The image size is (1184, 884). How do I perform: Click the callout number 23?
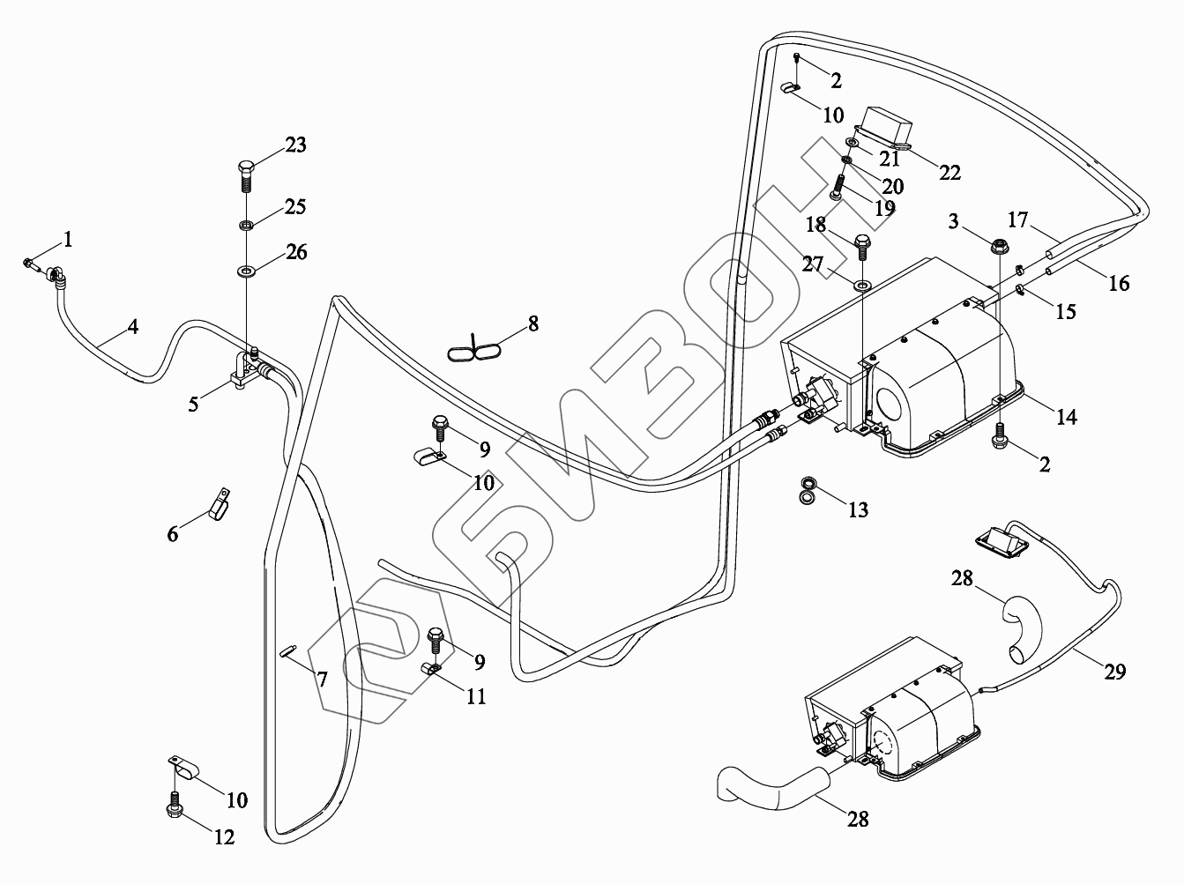pos(295,145)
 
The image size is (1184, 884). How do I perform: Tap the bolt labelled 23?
pos(246,175)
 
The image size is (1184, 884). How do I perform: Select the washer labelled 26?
pos(246,270)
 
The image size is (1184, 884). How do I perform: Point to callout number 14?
pos(1067,417)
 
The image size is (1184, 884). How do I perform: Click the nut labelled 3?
pos(1000,247)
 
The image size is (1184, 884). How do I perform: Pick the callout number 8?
pos(533,324)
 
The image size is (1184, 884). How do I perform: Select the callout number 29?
pos(1115,672)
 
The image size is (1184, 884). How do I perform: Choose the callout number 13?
pos(858,509)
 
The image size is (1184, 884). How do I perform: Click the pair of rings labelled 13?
pos(808,491)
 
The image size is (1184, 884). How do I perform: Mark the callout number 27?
pos(813,264)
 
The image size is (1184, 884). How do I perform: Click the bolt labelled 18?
pos(861,247)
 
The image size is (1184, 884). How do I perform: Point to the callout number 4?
pos(133,327)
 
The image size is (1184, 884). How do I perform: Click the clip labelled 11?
pos(431,669)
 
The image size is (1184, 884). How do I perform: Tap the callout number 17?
pos(1018,220)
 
